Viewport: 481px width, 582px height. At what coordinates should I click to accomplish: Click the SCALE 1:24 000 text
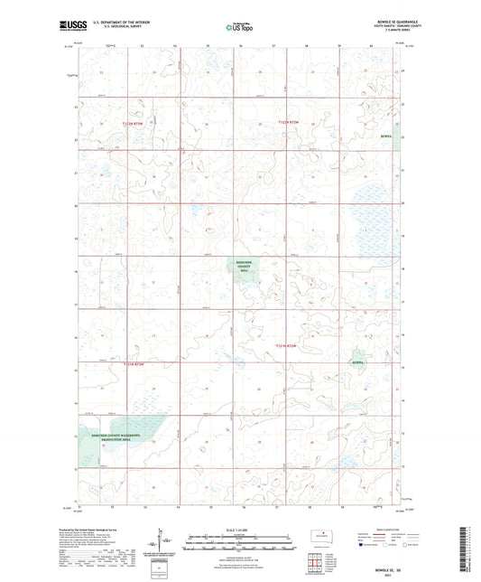tap(239, 529)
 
